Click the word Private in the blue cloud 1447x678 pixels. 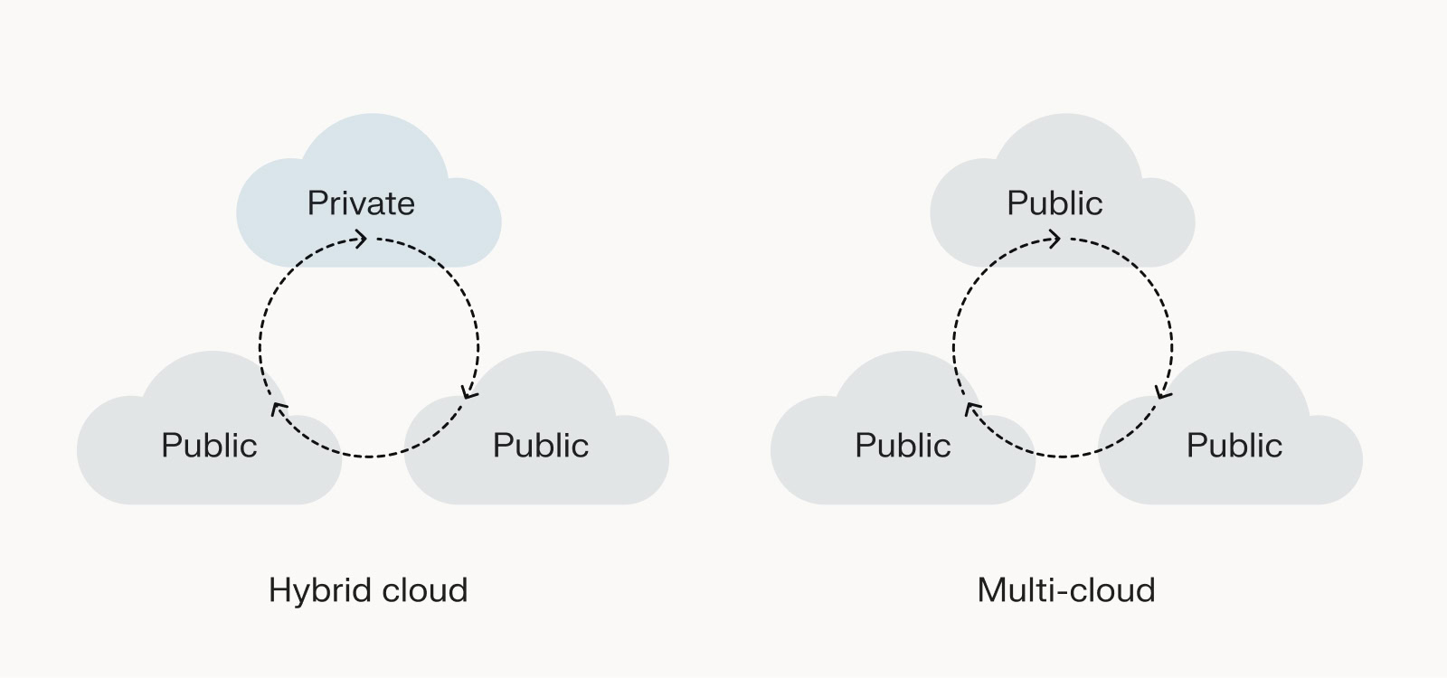tap(361, 203)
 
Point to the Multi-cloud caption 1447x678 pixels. tap(1066, 591)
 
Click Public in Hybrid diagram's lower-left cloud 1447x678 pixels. tap(209, 446)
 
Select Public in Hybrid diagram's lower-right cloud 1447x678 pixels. tap(541, 446)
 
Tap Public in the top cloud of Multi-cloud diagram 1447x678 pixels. tap(1055, 203)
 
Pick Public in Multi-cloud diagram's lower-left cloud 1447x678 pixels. tap(903, 446)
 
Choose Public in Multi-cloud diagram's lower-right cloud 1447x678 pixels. tap(1234, 446)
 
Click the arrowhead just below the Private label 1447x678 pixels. tap(360, 239)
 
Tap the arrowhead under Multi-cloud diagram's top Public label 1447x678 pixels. tap(1054, 239)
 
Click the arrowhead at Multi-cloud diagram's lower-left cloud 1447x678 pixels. tap(972, 410)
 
